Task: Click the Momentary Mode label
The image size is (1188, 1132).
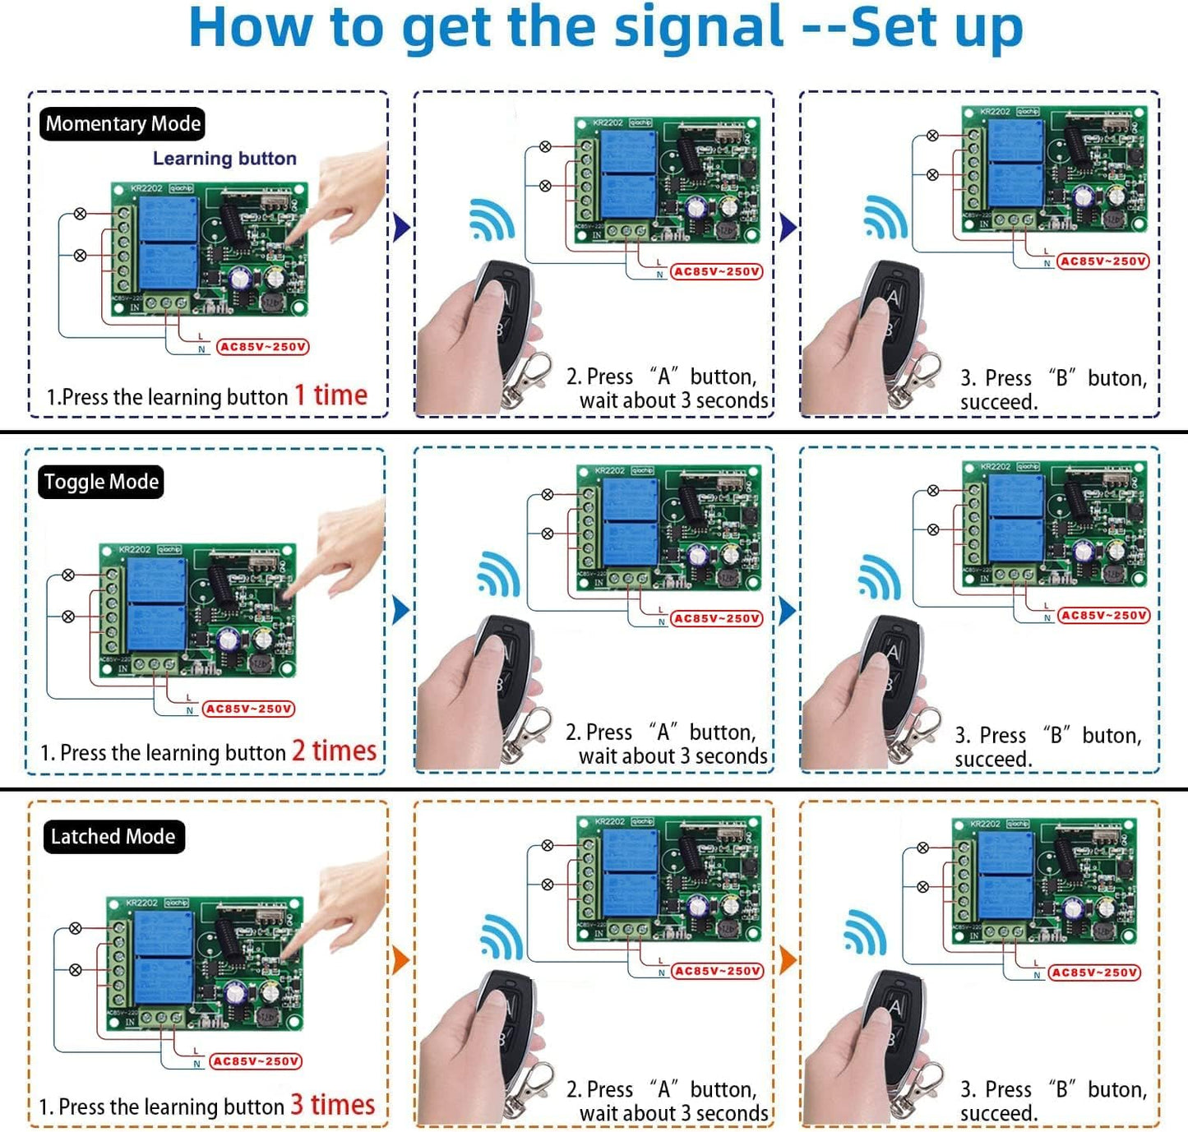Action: [x=122, y=124]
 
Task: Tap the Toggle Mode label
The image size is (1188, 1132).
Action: [x=101, y=482]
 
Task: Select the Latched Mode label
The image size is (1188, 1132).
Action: [x=113, y=837]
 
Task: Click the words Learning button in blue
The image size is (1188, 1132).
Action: [x=224, y=159]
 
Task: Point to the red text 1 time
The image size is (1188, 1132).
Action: [x=331, y=395]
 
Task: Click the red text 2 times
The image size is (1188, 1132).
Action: [x=334, y=751]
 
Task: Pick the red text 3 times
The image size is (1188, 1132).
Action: [x=332, y=1104]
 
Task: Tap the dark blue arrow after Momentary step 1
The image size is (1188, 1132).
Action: [x=401, y=227]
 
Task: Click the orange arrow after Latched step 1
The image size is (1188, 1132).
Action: [x=401, y=959]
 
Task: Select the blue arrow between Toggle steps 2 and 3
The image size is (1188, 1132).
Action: [x=787, y=610]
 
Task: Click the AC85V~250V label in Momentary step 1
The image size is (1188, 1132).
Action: [x=262, y=347]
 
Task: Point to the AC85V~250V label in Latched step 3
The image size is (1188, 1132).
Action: [x=1095, y=973]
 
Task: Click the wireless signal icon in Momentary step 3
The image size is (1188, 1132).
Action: [x=885, y=217]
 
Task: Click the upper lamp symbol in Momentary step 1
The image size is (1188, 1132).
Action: [x=80, y=214]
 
